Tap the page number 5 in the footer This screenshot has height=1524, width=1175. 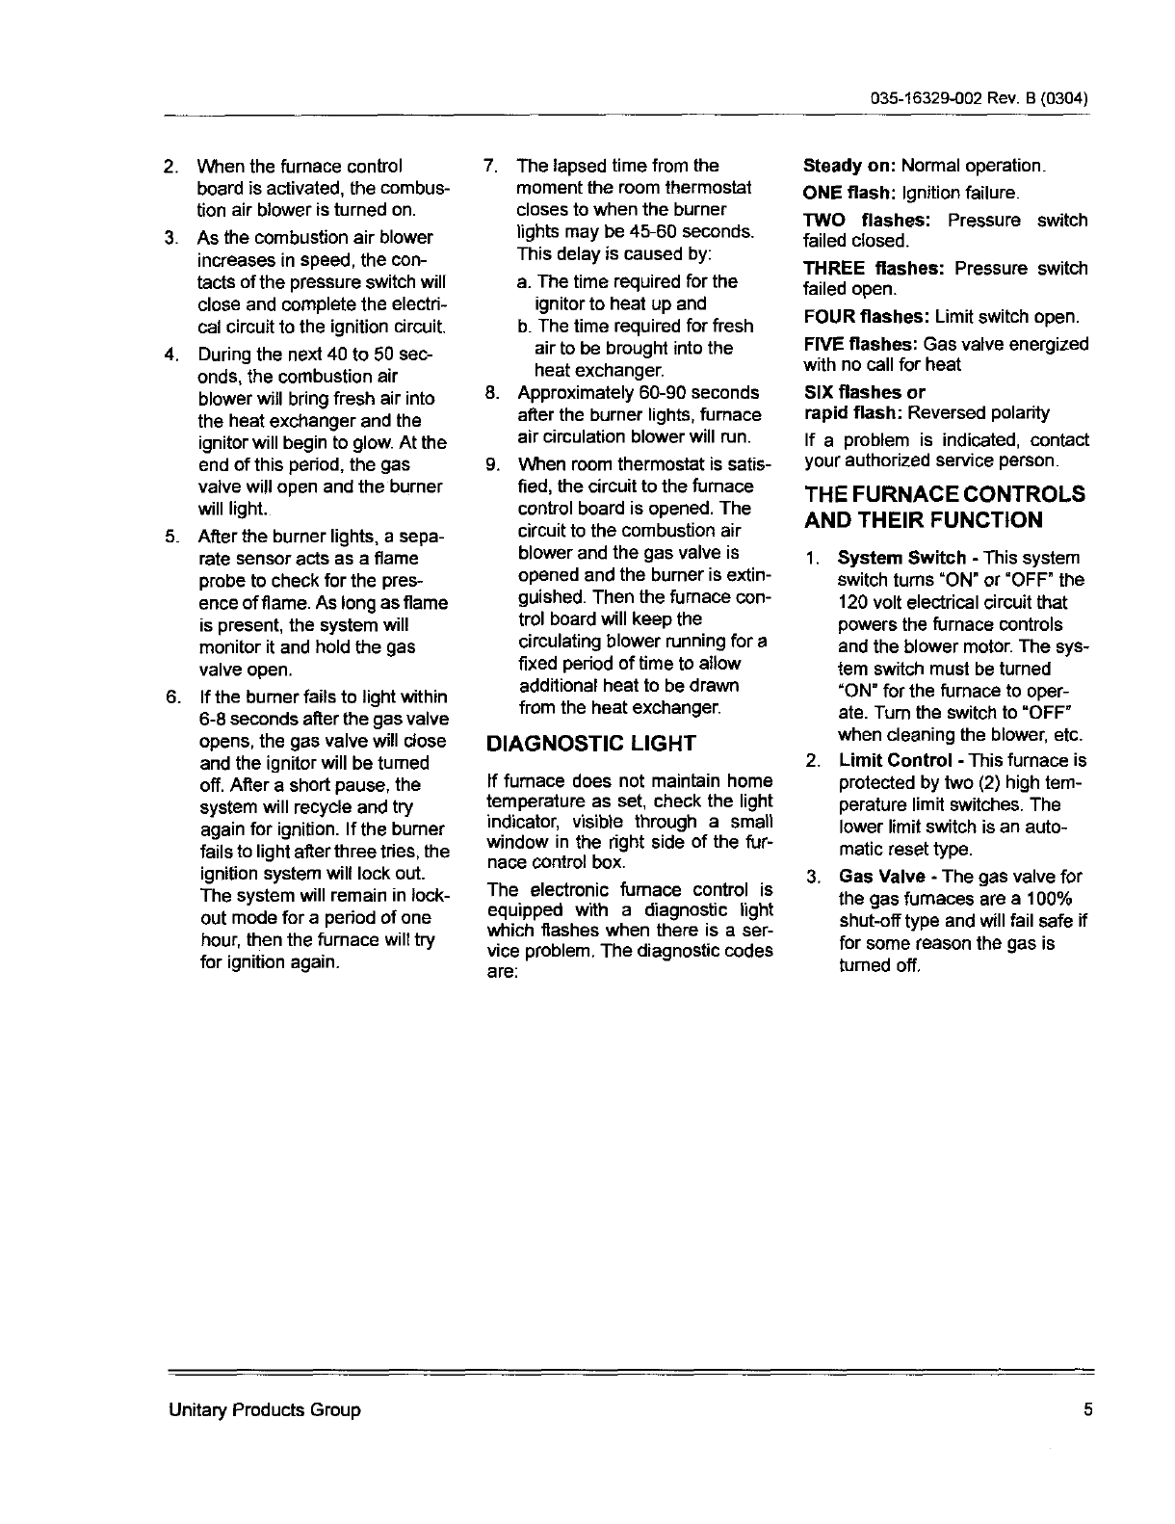[x=1087, y=1410]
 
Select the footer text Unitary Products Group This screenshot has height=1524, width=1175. [x=265, y=1410]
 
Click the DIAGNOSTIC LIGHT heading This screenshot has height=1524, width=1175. [x=591, y=744]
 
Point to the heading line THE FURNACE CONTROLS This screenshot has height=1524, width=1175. [x=945, y=494]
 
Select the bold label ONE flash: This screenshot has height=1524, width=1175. [x=841, y=193]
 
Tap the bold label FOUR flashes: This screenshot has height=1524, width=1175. [x=867, y=316]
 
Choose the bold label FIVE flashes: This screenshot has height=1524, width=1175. [x=861, y=344]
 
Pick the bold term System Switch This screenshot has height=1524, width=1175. [x=901, y=558]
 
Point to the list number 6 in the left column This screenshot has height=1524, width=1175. [x=170, y=696]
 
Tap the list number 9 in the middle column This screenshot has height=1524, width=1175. [x=490, y=464]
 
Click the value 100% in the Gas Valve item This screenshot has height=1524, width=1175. [x=1053, y=899]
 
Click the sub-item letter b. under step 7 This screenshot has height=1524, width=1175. [x=524, y=327]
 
